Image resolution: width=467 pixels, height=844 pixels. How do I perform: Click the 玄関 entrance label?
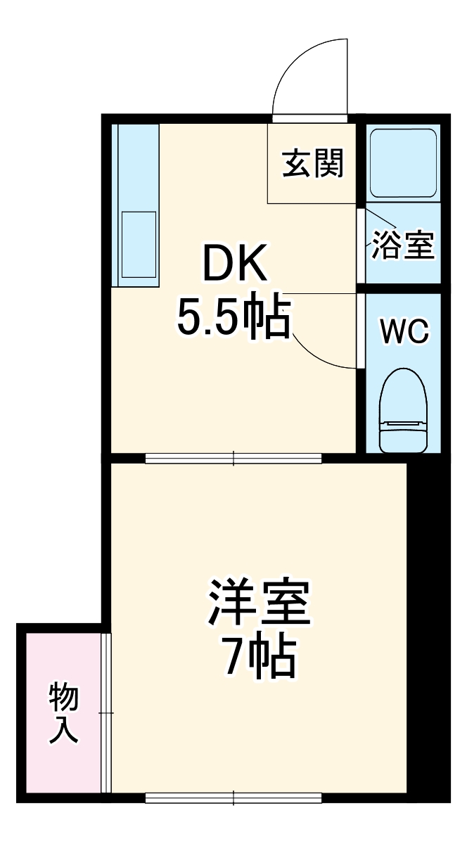pos(313,164)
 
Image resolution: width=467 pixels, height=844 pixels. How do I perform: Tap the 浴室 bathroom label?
pos(403,245)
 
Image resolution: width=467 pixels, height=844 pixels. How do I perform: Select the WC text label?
pos(404,331)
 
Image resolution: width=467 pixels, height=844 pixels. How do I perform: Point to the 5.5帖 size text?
pos(233,317)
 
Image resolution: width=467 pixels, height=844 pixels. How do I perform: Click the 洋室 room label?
pos(259,603)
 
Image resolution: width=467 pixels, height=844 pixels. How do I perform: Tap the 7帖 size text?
pos(259,658)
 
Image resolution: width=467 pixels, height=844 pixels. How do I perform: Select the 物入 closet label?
pos(63,713)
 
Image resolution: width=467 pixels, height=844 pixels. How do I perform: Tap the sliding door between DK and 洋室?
pos(233,459)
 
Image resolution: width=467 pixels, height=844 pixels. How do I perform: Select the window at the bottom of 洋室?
pos(233,798)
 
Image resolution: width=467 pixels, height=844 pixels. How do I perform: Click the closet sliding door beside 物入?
pos(106,713)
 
